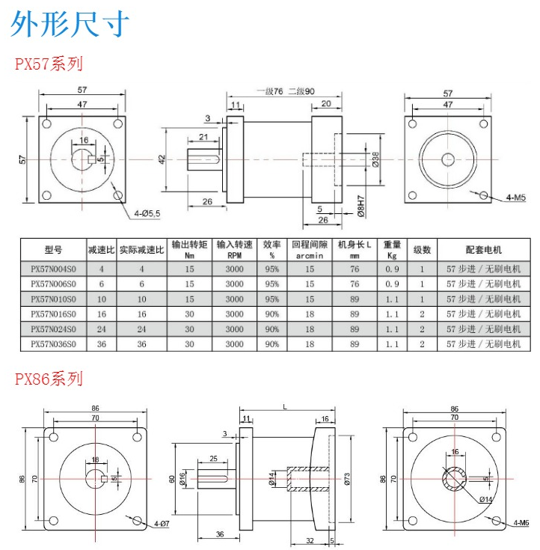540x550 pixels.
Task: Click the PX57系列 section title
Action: pos(49,64)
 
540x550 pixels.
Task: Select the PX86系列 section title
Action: pos(49,379)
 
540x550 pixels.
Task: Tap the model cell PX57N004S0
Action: pos(53,269)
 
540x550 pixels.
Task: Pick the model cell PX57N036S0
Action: pos(53,343)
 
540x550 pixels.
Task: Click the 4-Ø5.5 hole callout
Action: pos(149,213)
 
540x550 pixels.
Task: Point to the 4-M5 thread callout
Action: pos(516,198)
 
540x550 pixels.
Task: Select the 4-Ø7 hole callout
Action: pos(160,524)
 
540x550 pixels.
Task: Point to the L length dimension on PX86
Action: pos(285,406)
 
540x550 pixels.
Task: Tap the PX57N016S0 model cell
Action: pos(53,314)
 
